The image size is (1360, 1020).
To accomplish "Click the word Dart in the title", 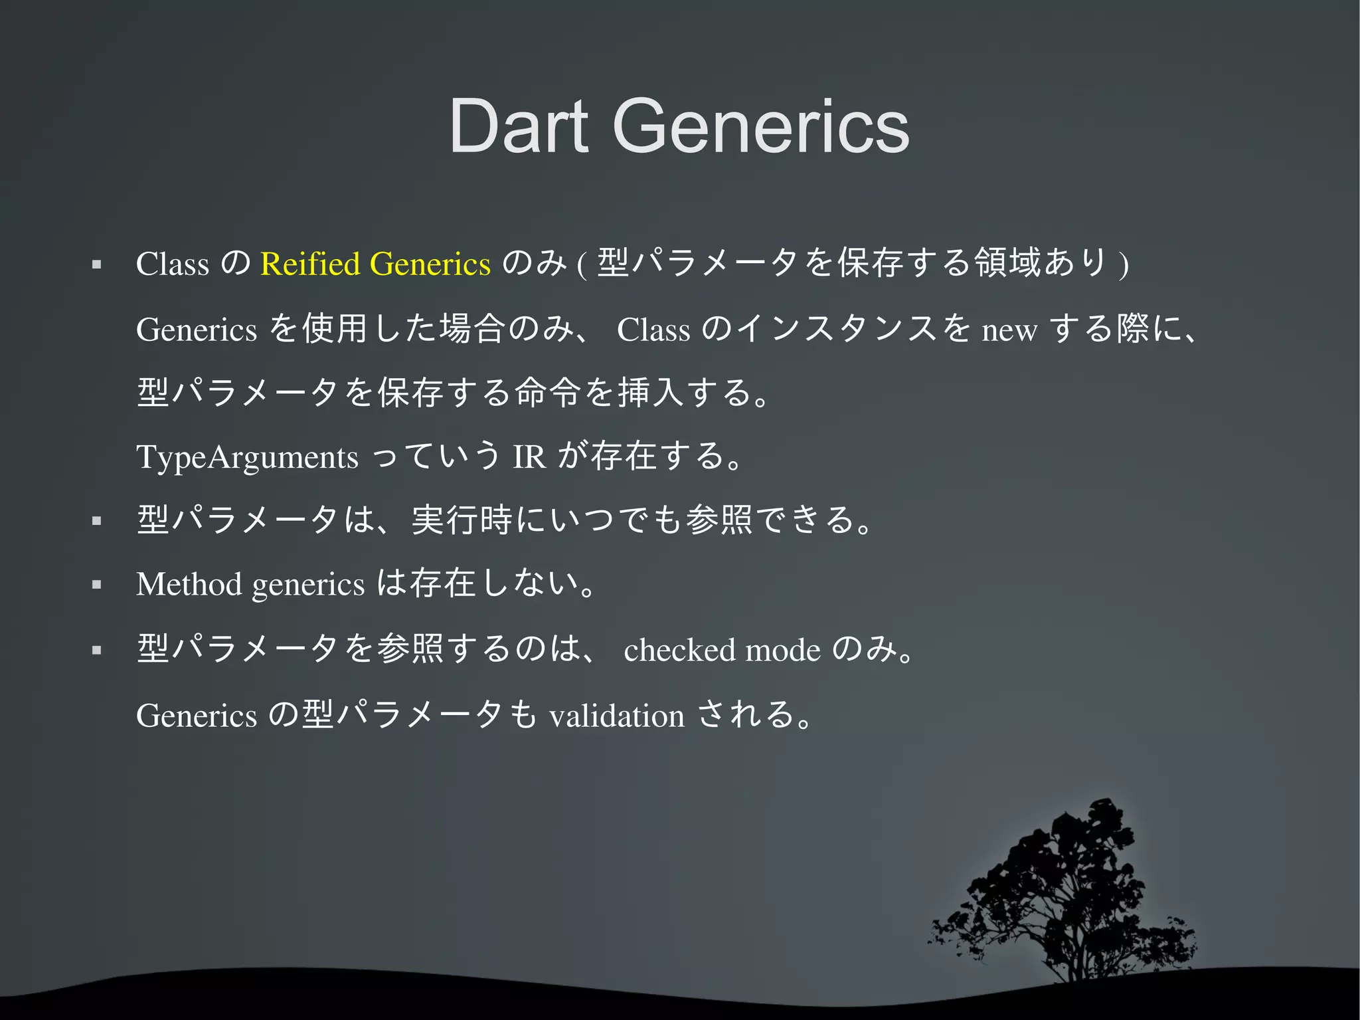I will pos(519,126).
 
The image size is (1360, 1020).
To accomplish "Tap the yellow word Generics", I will pos(430,264).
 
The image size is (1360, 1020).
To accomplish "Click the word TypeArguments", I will pos(247,457).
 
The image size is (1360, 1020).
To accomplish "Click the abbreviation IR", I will pos(529,457).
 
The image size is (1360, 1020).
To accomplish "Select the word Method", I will pos(189,585).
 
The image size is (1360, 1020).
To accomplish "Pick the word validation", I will pos(616,716).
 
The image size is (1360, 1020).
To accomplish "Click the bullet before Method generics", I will pos(97,585).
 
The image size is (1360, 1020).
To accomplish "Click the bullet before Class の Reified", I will pos(97,264).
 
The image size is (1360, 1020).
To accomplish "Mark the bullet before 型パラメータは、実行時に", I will pos(97,520).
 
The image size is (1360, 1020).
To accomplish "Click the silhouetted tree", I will pos(1069,897).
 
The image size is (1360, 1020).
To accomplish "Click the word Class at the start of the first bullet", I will pos(172,264).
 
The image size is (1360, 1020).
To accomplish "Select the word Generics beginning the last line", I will pos(196,716).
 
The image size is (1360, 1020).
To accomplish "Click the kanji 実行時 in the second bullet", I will pos(462,520).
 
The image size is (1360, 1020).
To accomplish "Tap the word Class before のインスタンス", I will pos(653,330).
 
